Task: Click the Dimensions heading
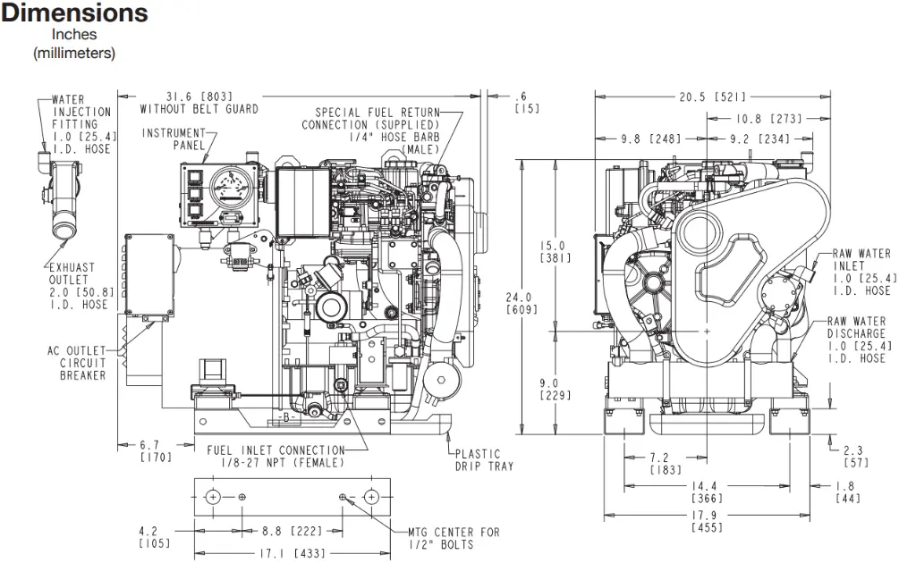coord(74,13)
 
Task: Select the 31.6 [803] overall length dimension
coord(199,97)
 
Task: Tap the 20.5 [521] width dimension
coord(712,97)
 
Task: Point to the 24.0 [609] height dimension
coord(522,303)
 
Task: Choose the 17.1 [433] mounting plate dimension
coord(293,553)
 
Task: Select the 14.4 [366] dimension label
coord(707,492)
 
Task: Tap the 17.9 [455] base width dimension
coord(707,521)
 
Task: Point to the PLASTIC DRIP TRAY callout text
coord(484,459)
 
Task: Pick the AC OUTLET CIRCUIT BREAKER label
coord(77,363)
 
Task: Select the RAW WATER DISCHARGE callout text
coord(860,340)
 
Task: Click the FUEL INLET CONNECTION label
coord(276,457)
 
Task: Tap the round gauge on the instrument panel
coord(232,187)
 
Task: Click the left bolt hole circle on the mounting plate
coord(213,497)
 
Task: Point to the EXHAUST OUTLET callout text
coord(81,286)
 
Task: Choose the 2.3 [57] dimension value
coord(856,457)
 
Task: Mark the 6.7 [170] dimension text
coord(156,451)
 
